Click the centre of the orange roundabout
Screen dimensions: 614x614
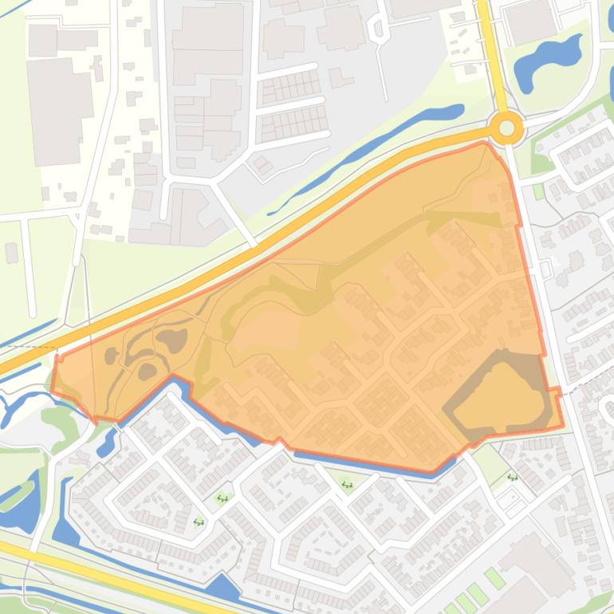coord(506,128)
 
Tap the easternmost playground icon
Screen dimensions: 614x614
coord(512,478)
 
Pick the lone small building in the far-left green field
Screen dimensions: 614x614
coord(11,253)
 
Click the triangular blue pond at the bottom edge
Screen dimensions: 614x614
coord(223,588)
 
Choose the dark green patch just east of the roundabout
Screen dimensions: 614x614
coord(542,163)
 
